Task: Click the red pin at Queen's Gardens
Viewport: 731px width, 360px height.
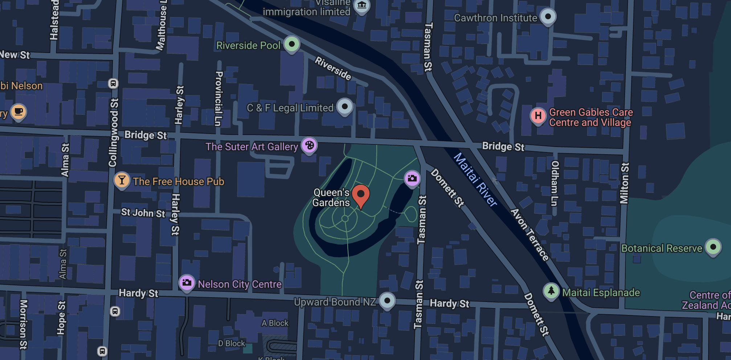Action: tap(360, 195)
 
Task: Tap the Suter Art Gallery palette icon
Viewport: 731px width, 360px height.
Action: tap(309, 146)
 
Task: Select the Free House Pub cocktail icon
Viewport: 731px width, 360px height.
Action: tap(122, 180)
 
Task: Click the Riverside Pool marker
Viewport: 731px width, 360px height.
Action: tap(291, 44)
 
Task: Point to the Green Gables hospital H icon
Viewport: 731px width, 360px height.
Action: tap(538, 116)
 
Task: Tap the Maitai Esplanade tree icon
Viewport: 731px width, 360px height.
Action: tap(551, 291)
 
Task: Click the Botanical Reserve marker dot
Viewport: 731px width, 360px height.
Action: tap(713, 247)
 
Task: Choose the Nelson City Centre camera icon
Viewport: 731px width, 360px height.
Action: tap(187, 283)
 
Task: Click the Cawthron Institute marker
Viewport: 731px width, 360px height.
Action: tap(548, 17)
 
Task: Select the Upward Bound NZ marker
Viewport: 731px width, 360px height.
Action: tap(387, 301)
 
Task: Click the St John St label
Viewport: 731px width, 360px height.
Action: tap(143, 213)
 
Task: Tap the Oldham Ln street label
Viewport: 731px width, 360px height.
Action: tap(554, 183)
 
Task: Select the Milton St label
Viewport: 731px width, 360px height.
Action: tap(624, 183)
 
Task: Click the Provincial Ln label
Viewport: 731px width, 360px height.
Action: tap(218, 98)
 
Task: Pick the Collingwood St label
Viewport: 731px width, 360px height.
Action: tap(113, 132)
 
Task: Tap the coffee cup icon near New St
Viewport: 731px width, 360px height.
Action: tap(18, 111)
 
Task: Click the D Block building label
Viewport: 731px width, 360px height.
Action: tap(231, 343)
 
